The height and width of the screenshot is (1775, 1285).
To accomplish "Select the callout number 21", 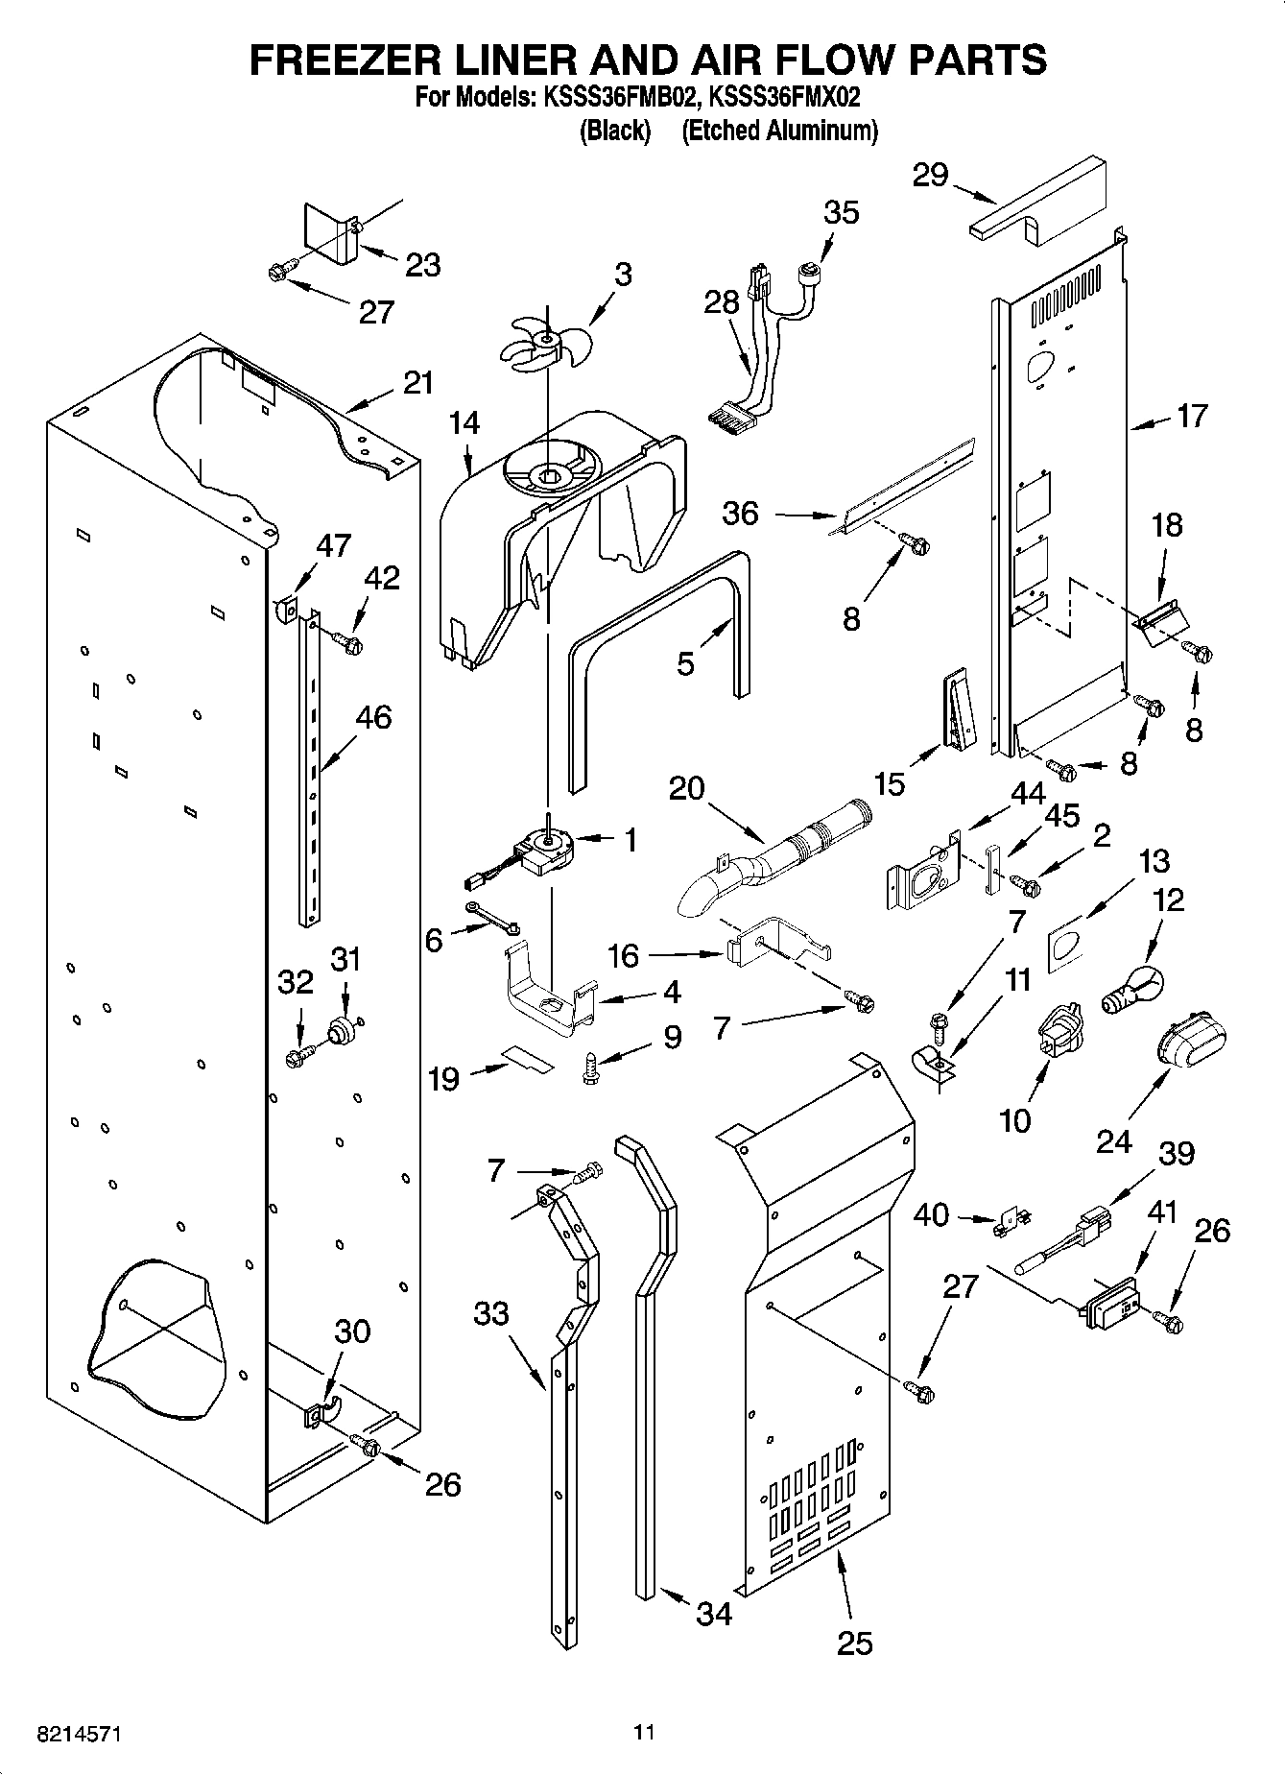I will tap(418, 383).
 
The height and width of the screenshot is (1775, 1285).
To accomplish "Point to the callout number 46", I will tap(374, 717).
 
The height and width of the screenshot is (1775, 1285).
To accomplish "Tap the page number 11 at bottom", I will tap(644, 1733).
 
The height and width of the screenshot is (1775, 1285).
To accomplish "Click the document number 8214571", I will tap(80, 1735).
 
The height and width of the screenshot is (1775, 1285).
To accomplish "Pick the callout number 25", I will tap(855, 1643).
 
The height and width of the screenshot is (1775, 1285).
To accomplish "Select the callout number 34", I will tap(714, 1613).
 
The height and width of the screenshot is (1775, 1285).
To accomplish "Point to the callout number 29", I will tap(931, 176).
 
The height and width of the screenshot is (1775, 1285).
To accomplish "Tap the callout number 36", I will tap(741, 514).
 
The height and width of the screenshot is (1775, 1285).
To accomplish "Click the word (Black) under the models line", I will tap(615, 131).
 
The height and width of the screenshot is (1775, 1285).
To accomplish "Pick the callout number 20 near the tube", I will tap(687, 789).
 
